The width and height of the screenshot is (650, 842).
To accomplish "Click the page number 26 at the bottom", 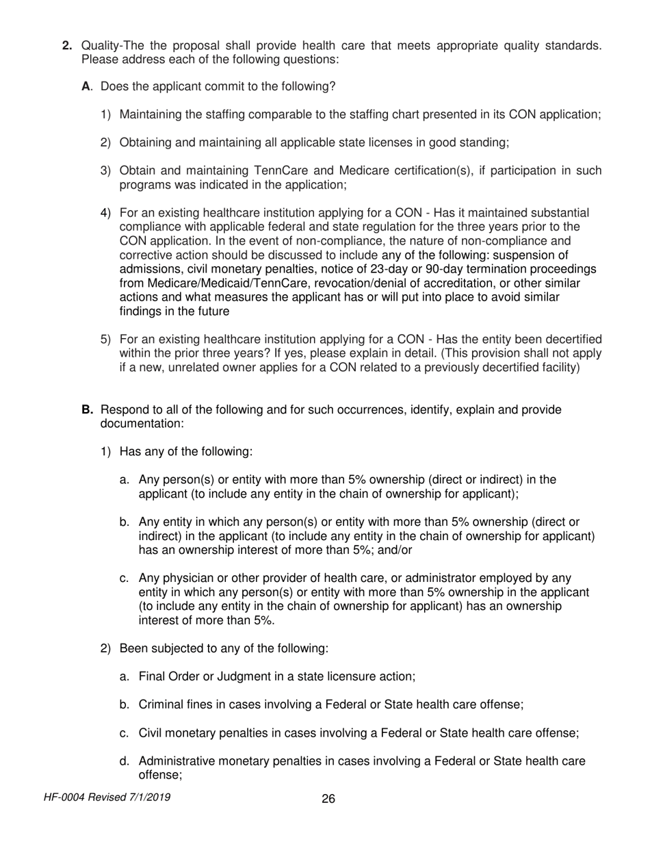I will pyautogui.click(x=328, y=799).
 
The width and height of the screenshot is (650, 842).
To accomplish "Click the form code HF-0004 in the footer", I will pyautogui.click(x=64, y=798).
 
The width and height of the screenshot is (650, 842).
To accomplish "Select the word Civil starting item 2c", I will pyautogui.click(x=151, y=732).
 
